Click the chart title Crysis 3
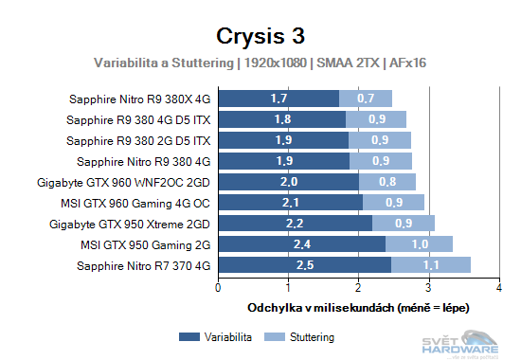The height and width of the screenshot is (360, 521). click(x=260, y=36)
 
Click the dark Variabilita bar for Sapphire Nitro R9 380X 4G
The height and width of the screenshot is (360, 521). click(x=278, y=98)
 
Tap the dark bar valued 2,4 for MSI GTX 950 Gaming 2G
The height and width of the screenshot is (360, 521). click(x=301, y=243)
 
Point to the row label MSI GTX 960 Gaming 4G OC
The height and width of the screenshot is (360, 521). click(x=140, y=202)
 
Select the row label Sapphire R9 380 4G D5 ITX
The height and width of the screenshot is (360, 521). click(x=138, y=118)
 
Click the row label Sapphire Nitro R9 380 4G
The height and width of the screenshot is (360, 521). click(x=143, y=160)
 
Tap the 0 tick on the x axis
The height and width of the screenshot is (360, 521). click(x=219, y=286)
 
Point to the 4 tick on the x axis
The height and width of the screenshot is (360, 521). click(x=499, y=286)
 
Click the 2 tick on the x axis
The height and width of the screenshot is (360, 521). click(x=359, y=286)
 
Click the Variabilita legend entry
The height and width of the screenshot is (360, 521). click(x=213, y=336)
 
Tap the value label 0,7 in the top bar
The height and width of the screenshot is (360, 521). click(x=366, y=98)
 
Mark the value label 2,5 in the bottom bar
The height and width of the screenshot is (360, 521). click(x=305, y=264)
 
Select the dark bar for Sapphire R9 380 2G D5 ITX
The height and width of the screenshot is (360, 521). click(x=283, y=139)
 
